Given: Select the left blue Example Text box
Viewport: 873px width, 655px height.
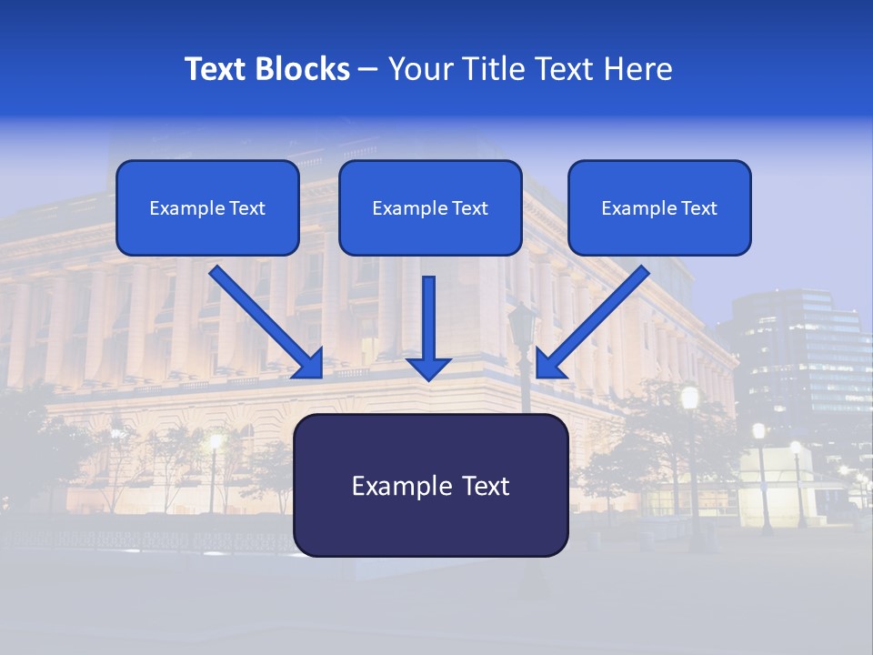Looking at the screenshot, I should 207,207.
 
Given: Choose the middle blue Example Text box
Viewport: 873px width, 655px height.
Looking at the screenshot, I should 430,207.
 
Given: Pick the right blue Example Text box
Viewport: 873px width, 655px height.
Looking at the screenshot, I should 659,207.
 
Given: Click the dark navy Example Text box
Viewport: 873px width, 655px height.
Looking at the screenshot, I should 431,485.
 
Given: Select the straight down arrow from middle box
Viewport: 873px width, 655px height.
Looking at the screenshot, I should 428,318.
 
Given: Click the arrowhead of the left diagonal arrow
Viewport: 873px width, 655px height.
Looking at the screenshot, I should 310,364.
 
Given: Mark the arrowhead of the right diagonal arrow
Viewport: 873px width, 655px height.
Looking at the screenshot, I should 548,364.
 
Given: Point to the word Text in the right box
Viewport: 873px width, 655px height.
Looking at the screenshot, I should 698,208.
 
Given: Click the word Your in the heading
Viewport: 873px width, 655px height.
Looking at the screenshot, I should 420,69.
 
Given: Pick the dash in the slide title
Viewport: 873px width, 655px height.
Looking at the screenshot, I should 368,70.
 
